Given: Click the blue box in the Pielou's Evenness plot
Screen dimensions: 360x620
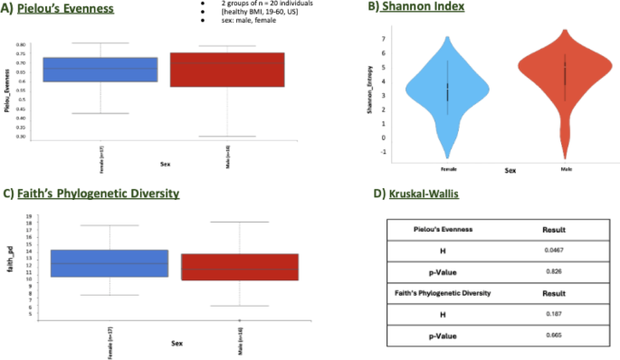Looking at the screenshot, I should pyautogui.click(x=102, y=70).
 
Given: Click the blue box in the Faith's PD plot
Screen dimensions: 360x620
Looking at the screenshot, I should pyautogui.click(x=110, y=263).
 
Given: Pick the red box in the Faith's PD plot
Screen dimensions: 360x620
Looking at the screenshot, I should pyautogui.click(x=239, y=267).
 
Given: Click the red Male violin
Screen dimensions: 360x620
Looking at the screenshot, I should pyautogui.click(x=564, y=77).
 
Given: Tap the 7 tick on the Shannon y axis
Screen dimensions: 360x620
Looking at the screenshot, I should pyautogui.click(x=385, y=39).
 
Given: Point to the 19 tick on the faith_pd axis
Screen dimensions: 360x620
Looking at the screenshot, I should pyautogui.click(x=31, y=217).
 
